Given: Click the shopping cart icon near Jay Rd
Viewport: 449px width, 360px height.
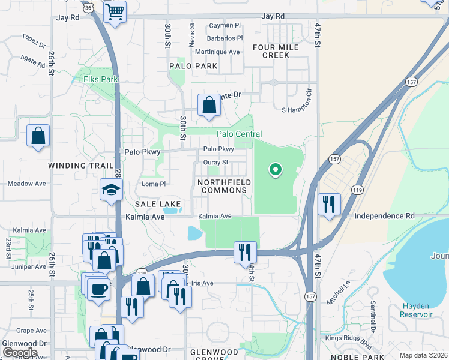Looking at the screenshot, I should pos(115,11).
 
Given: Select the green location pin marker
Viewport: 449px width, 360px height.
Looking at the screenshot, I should pos(276,170).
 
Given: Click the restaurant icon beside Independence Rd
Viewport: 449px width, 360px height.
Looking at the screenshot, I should pos(329,204).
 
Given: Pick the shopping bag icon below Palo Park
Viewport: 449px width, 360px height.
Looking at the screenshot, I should pos(209,106).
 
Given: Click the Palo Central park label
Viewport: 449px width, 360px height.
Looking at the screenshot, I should pos(239,134).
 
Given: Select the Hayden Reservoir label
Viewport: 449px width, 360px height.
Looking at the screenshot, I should pos(417,310).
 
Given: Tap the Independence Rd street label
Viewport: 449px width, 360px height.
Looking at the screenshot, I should pos(384,215).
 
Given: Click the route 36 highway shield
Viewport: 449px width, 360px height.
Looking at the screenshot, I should pos(89,7).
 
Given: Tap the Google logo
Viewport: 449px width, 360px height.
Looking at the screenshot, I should pos(20,352).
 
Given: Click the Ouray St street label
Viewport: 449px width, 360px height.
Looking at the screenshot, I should pos(216,162).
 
